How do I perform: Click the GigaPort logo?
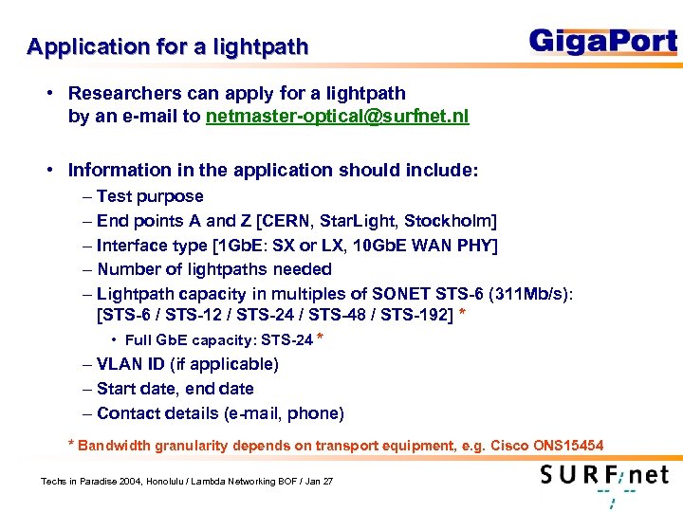(602, 42)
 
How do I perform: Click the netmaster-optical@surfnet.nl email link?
(337, 118)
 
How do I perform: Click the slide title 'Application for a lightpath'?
(168, 47)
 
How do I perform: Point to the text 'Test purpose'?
(150, 196)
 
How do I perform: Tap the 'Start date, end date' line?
(175, 389)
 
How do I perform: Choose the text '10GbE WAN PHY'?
(431, 246)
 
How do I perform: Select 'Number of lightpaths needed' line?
(214, 269)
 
